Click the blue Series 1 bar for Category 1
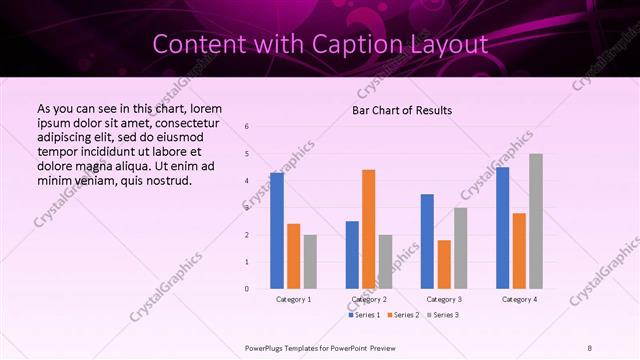(277, 230)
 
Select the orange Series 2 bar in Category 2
(369, 229)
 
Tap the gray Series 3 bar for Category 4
(536, 221)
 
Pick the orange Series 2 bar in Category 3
(444, 264)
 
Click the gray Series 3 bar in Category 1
(310, 261)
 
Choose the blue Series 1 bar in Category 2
(352, 255)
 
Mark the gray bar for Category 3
(461, 248)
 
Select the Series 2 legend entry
(404, 315)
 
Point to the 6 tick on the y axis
(247, 127)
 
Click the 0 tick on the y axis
(247, 289)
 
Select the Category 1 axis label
(294, 299)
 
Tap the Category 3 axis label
(444, 299)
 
